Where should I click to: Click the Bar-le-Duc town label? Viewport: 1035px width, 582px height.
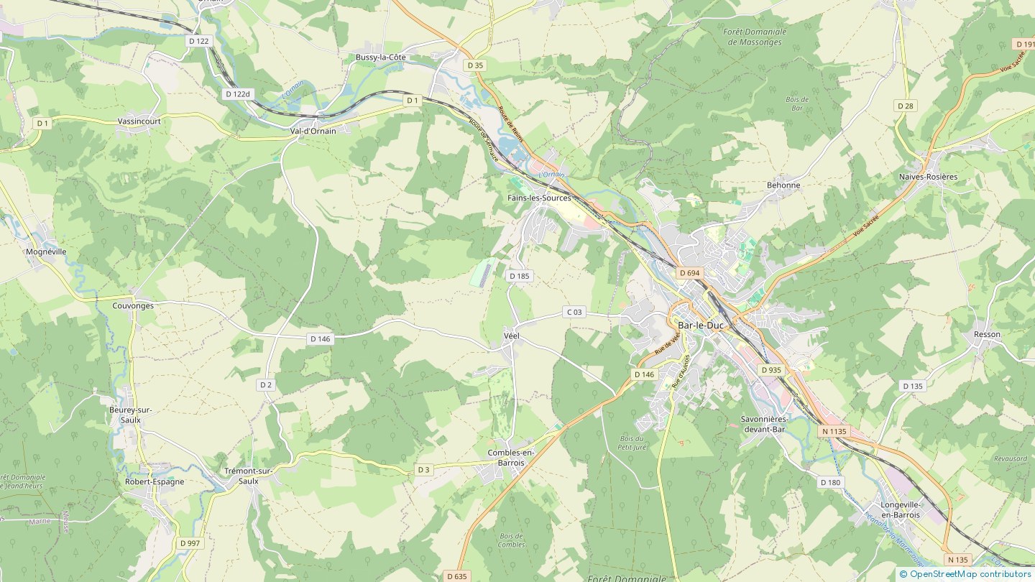700,325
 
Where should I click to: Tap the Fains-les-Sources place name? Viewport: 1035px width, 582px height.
539,198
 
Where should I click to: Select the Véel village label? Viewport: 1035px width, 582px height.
511,336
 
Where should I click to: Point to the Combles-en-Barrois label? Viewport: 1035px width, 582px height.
511,458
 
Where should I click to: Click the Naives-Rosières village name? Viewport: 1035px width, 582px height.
928,177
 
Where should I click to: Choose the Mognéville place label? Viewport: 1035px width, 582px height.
46,252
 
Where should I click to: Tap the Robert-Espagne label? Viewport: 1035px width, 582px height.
155,481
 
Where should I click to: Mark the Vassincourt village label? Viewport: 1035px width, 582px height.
139,121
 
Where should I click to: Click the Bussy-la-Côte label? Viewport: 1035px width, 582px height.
381,57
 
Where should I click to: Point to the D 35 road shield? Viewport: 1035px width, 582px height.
475,65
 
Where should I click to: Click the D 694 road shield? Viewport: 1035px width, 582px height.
689,273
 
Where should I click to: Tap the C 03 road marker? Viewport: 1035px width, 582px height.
574,312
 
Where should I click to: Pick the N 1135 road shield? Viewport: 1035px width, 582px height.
834,431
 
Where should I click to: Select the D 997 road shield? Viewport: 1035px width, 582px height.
190,543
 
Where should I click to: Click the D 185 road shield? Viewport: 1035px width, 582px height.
519,276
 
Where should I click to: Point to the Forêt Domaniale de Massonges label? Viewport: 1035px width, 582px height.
757,37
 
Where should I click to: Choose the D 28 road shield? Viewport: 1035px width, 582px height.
906,106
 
